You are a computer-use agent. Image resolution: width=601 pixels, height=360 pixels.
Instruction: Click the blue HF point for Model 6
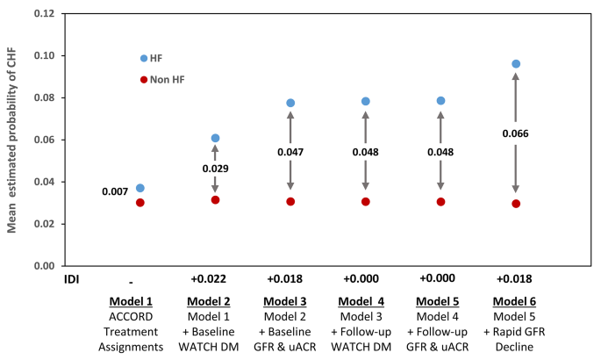[516, 64]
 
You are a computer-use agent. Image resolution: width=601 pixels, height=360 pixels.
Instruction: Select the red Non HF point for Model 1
[140, 203]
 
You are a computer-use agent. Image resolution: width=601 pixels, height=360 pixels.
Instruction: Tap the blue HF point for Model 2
[215, 138]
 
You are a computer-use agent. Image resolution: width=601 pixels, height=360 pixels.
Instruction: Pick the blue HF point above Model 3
[290, 103]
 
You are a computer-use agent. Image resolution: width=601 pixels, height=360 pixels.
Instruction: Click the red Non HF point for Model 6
[516, 204]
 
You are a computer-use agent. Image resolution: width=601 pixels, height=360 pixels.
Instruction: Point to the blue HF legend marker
[144, 58]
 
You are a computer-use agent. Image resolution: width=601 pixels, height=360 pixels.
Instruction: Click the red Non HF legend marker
[144, 80]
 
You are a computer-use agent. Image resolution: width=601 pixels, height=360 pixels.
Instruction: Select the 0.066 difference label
[516, 133]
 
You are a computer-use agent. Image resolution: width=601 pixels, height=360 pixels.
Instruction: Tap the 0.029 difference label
[215, 167]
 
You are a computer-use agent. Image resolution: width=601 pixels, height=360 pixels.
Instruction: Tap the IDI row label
[55, 280]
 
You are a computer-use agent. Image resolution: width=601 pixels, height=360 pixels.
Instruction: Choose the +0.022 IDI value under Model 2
[215, 280]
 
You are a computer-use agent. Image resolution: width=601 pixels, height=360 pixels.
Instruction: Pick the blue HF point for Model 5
[440, 101]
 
